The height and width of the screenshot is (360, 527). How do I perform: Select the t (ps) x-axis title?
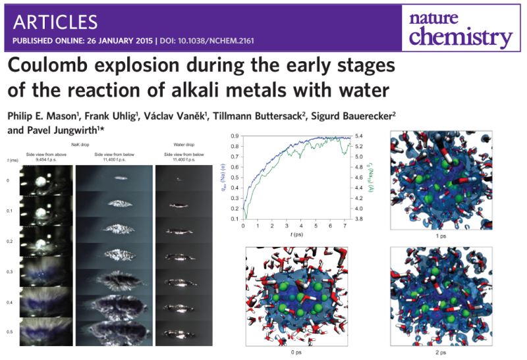click(x=294, y=233)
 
